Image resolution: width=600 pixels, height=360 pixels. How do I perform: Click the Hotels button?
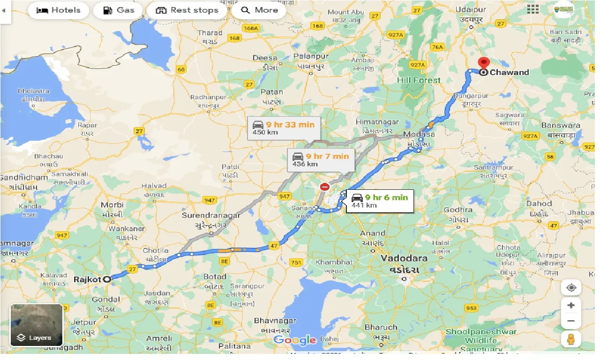[59, 10]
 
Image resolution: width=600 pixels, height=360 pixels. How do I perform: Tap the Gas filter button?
[118, 10]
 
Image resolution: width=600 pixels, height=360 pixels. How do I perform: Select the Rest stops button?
[187, 10]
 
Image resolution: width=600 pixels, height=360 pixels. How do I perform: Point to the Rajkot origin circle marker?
[107, 279]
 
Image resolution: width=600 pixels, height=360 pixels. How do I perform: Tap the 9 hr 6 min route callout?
[380, 201]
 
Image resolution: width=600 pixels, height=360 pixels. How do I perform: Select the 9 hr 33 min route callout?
[284, 128]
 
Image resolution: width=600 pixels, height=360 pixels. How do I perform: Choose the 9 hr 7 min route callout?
[321, 160]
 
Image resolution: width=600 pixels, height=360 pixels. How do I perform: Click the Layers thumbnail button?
[37, 325]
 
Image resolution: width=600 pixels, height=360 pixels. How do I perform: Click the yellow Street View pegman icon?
[571, 339]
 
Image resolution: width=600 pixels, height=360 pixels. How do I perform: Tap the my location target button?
[571, 287]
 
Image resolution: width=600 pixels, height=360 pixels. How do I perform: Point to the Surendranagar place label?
[211, 216]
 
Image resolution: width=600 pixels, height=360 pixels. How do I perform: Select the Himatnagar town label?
[377, 122]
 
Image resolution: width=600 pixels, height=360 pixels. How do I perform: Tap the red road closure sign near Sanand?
[325, 187]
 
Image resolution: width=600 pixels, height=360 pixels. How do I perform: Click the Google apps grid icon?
[533, 9]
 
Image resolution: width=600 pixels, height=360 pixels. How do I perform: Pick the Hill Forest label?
[419, 80]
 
